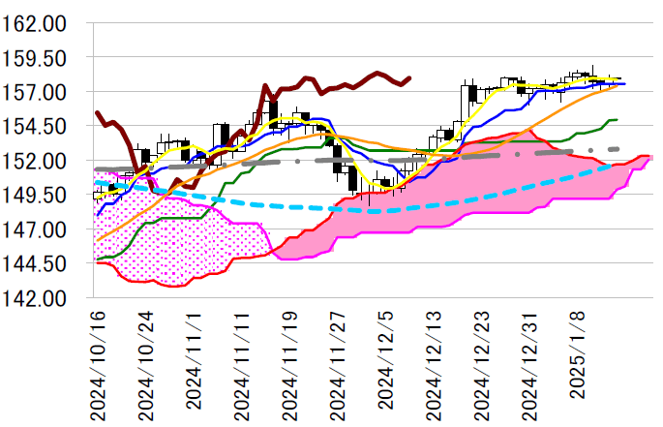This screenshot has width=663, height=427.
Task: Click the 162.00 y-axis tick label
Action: point(35,23)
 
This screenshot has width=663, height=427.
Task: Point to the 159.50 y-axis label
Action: point(35,58)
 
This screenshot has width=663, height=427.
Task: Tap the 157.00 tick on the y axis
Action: point(35,92)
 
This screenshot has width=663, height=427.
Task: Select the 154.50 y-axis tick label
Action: point(35,126)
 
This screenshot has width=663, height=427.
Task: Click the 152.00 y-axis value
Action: point(35,161)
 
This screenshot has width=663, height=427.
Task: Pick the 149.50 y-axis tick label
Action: point(35,195)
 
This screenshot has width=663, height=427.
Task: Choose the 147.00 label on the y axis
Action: point(35,229)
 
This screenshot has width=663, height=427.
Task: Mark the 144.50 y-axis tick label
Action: point(35,263)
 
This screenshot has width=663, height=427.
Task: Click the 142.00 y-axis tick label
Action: point(35,298)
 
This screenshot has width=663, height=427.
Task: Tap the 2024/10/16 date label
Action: point(98,365)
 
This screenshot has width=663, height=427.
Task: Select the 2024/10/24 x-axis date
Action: point(145,365)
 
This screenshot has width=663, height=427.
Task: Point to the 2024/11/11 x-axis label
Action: point(242,365)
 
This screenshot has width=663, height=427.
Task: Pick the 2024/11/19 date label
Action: point(289,365)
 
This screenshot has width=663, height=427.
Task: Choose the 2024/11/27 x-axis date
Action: point(338,365)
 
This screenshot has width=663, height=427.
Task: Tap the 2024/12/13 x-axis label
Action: point(434,365)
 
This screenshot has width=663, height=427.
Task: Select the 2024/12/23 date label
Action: point(482,365)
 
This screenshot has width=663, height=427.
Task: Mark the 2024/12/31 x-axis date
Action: point(530,365)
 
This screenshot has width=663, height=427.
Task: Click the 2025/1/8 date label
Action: point(578,373)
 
